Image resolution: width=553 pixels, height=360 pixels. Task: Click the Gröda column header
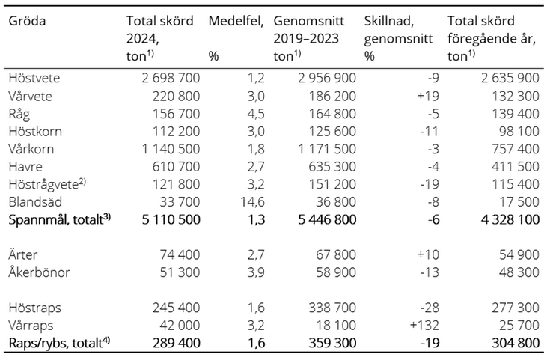pyautogui.click(x=27, y=21)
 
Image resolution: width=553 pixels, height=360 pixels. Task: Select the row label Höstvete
pyautogui.click(x=34, y=77)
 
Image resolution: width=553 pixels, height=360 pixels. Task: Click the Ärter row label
pyautogui.click(x=24, y=254)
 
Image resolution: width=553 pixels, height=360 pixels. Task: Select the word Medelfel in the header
pyautogui.click(x=233, y=21)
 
